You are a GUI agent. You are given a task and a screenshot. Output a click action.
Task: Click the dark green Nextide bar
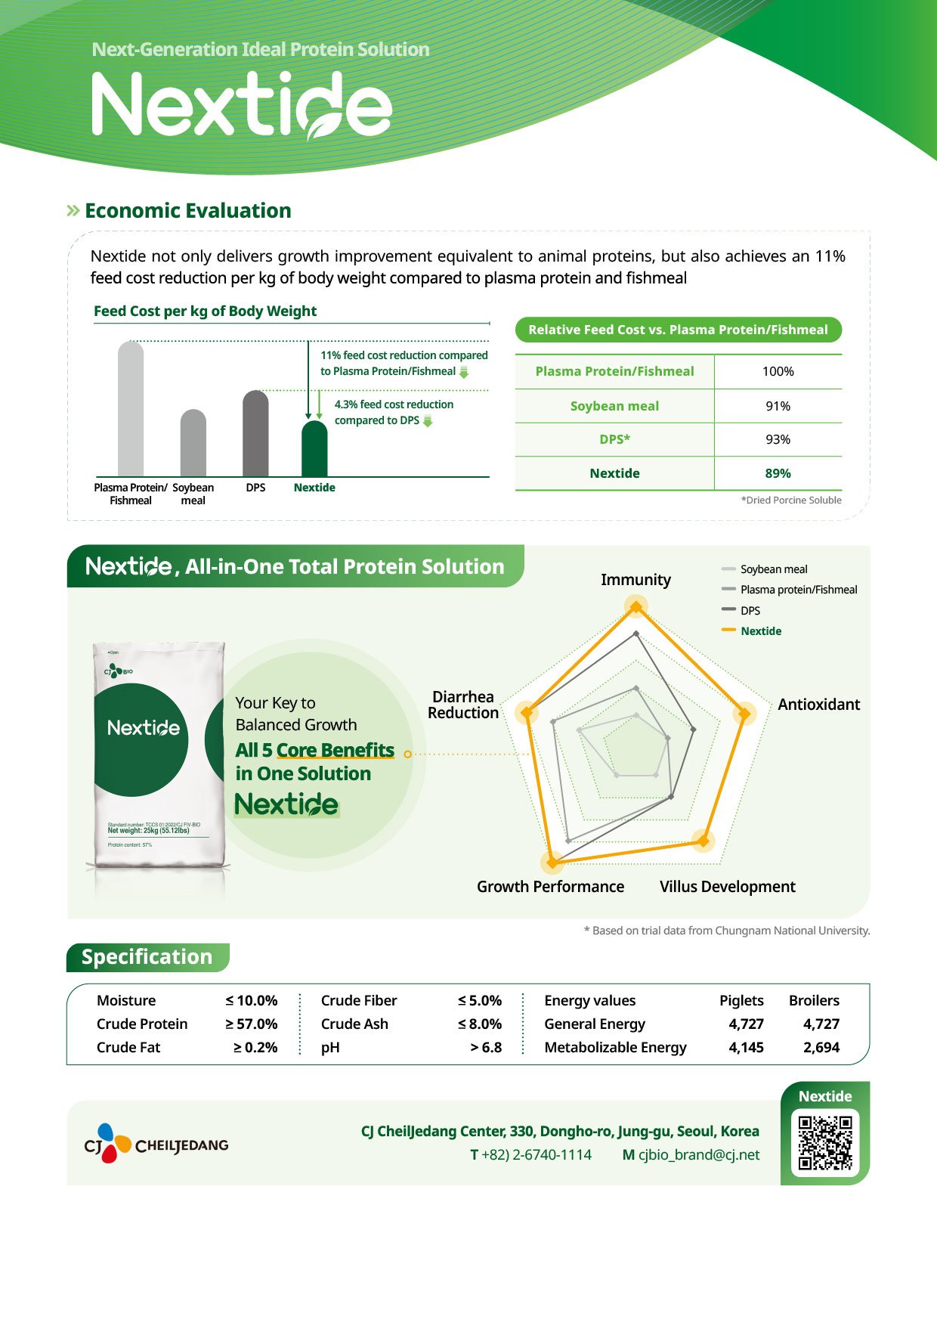click(x=314, y=449)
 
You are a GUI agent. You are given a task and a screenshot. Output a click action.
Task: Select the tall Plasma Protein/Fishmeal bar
click(x=131, y=409)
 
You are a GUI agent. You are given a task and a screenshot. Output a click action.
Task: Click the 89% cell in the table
click(x=778, y=473)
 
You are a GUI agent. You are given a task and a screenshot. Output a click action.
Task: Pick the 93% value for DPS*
click(x=778, y=439)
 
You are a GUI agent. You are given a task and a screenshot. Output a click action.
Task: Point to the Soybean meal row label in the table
click(x=614, y=406)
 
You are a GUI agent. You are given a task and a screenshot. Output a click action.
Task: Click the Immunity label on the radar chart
click(x=635, y=580)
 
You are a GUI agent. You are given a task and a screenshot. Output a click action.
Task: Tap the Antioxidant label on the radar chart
click(x=818, y=705)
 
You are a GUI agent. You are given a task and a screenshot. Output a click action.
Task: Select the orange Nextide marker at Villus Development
click(x=704, y=841)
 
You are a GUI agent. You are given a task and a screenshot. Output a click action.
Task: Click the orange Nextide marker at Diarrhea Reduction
click(x=527, y=712)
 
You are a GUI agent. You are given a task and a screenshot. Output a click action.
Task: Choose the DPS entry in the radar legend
click(x=750, y=610)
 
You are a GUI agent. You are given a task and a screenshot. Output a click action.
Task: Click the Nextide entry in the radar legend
click(x=760, y=631)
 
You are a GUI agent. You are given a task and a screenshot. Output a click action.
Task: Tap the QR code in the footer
click(x=825, y=1143)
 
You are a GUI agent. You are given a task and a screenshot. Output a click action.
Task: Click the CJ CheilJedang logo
click(x=156, y=1144)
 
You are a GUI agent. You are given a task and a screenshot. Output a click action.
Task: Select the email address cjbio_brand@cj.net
click(x=699, y=1154)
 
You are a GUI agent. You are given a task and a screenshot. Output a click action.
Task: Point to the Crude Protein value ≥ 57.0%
click(x=252, y=1024)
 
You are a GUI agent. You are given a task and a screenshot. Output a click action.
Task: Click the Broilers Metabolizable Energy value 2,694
click(x=821, y=1047)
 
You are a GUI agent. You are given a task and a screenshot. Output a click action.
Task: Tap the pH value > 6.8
click(x=486, y=1047)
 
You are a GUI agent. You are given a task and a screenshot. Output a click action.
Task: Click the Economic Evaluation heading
click(x=187, y=211)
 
